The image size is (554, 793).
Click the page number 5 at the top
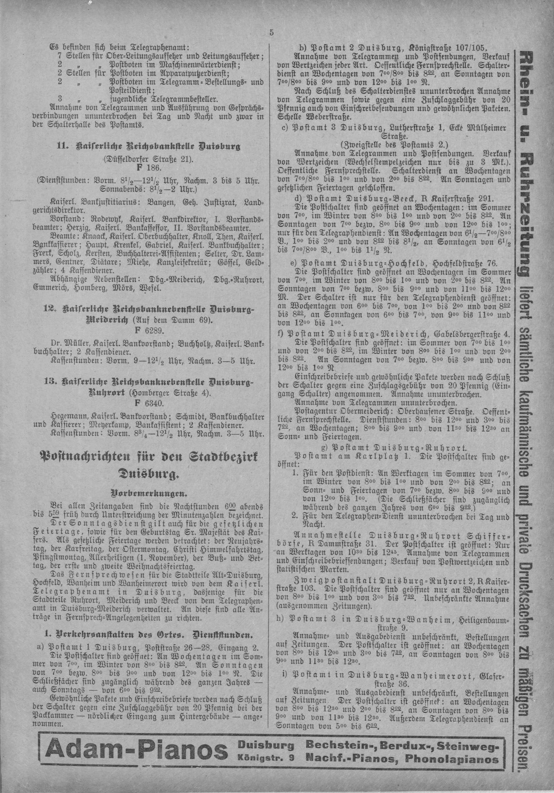click(271, 33)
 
